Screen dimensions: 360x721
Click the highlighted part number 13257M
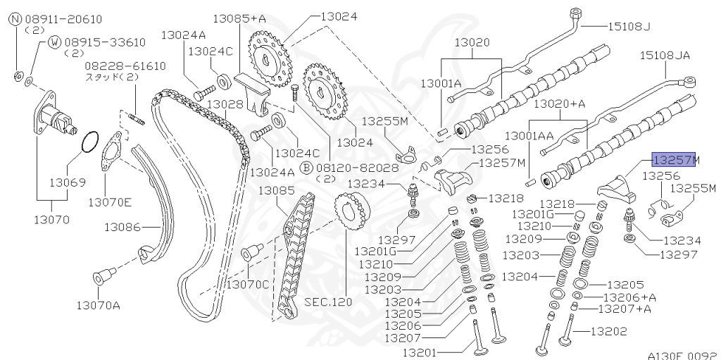675,160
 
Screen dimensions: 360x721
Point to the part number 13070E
109,202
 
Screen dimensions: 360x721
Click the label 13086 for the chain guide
123,227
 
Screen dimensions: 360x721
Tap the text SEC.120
327,301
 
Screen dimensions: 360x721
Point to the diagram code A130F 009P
682,356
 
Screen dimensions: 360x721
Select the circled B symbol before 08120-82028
306,168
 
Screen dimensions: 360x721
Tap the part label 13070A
99,305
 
